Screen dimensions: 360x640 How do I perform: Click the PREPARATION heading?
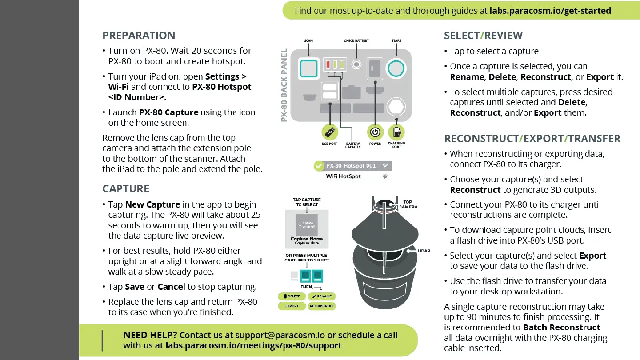pos(139,36)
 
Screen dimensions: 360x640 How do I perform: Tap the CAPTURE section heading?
pos(126,189)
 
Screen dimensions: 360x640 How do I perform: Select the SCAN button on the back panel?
pos(308,68)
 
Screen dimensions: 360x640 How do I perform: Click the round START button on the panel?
pos(396,68)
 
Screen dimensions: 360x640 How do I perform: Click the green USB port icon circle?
pos(329,132)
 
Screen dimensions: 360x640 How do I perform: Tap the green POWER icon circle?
pos(375,132)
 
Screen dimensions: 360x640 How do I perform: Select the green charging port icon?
pos(396,132)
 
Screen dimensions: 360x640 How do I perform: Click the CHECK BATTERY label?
pos(356,40)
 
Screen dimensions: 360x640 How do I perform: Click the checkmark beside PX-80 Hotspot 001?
pos(319,166)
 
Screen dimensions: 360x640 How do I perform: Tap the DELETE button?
pos(292,296)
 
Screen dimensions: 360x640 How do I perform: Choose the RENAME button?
pos(322,296)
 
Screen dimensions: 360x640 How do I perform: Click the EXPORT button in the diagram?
pos(292,306)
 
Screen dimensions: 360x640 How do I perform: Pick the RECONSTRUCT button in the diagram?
pos(322,306)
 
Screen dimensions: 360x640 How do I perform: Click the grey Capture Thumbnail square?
pos(307,224)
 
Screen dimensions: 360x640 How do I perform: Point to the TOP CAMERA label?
pos(408,204)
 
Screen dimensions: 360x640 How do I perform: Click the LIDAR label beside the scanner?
pos(424,251)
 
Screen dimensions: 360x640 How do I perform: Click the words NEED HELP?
pos(150,335)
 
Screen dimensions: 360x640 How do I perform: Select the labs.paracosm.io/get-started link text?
pos(550,11)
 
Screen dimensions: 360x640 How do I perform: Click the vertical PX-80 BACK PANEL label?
pos(284,85)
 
